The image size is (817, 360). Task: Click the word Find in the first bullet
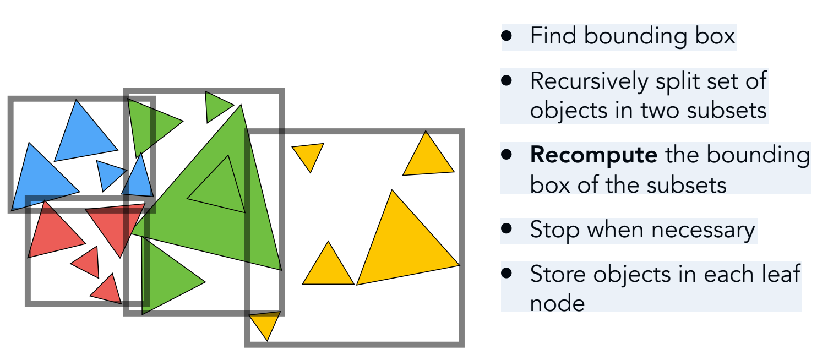pos(553,36)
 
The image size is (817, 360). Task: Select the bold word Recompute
pos(593,156)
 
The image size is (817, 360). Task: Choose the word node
pos(557,303)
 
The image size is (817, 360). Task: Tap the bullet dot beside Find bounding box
pos(507,36)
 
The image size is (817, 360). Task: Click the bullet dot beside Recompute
pos(507,155)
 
